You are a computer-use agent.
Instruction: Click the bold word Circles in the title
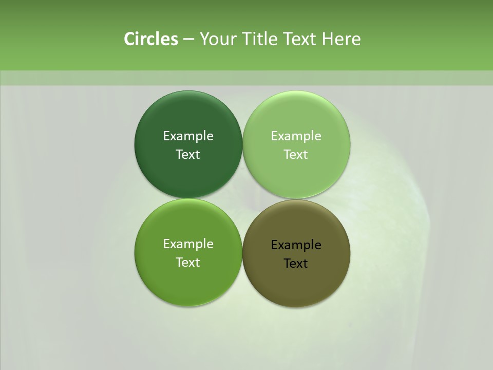click(150, 39)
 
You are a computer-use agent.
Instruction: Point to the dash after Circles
click(188, 40)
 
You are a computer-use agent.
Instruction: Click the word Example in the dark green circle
click(188, 136)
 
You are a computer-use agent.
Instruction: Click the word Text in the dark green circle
click(188, 154)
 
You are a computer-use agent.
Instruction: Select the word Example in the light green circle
click(296, 136)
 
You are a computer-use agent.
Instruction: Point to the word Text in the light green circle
click(296, 154)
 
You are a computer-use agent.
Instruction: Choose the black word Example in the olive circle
click(296, 245)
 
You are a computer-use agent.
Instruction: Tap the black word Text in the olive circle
click(296, 264)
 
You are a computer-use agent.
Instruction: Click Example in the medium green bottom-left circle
click(188, 244)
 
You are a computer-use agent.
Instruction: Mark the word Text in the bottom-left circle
click(188, 262)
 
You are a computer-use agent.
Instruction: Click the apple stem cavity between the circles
click(252, 193)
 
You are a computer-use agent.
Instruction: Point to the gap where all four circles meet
click(242, 198)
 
